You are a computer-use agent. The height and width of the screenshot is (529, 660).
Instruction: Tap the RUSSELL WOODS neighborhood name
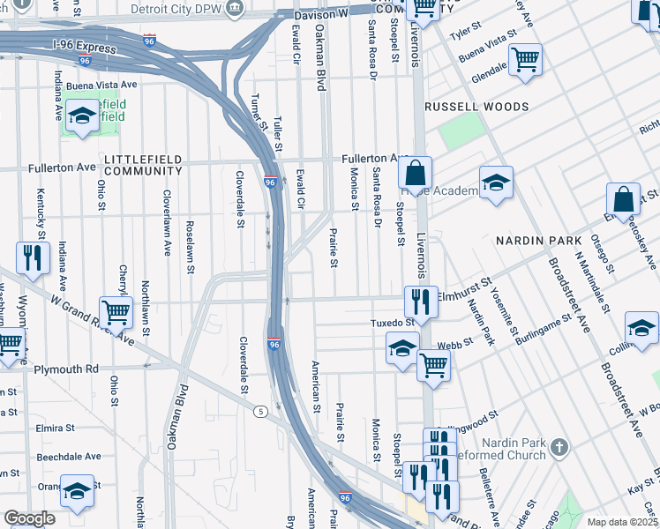click(x=476, y=107)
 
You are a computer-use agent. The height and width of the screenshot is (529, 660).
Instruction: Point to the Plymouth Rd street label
click(x=65, y=369)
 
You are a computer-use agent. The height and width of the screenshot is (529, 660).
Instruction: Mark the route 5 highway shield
click(x=260, y=411)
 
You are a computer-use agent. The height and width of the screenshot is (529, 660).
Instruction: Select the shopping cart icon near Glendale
click(x=526, y=59)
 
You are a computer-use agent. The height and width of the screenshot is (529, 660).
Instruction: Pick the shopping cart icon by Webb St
click(x=433, y=362)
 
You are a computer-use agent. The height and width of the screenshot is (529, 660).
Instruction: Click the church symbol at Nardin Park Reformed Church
click(x=557, y=447)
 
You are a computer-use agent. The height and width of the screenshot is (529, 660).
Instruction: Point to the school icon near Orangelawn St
click(x=77, y=489)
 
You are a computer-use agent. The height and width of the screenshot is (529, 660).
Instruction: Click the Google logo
click(x=29, y=518)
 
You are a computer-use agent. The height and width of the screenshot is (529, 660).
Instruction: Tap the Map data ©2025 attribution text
click(x=623, y=522)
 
